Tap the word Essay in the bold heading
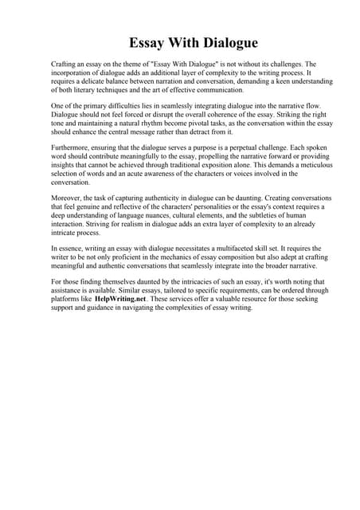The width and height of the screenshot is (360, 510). coord(151,42)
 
